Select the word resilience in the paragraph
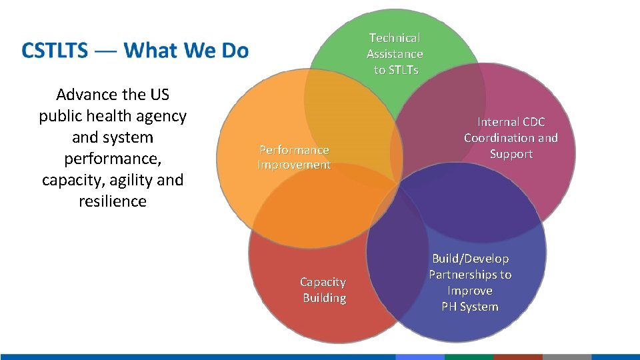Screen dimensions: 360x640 coord(112,201)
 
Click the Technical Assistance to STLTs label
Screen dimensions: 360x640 coord(395,54)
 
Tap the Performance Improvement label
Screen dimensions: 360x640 coord(294,157)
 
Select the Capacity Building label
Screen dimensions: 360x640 coord(323,290)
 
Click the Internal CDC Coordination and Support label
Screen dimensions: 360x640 coord(511,138)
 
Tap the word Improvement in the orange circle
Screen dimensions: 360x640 coord(294,165)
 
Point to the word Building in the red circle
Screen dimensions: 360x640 coord(325,298)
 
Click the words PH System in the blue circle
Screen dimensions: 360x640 coord(470,307)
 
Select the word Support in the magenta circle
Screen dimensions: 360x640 coord(511,154)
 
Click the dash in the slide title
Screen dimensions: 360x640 coord(104,51)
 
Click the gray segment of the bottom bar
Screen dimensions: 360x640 coord(567,357)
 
